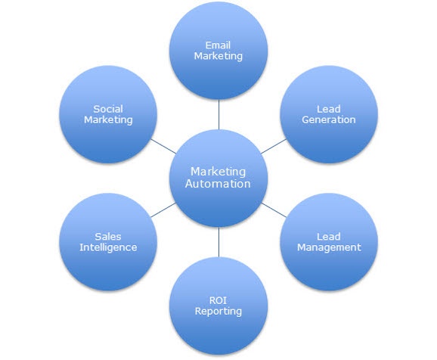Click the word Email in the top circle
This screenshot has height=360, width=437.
pos(218,45)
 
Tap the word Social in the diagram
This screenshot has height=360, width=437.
pos(108,109)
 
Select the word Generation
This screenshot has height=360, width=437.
pos(329,119)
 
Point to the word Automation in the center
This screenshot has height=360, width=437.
pos(218,184)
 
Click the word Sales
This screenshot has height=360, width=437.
pos(108,237)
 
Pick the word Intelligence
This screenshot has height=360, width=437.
pos(108,247)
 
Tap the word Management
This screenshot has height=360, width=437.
pos(329,247)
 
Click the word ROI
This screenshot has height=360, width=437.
pos(218,300)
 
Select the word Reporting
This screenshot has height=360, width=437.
pos(218,312)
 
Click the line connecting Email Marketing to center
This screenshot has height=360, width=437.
pos(218,114)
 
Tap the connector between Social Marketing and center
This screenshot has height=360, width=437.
pos(163,147)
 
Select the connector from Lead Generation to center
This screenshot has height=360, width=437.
pos(274,147)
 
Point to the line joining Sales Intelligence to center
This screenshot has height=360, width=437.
pos(163,209)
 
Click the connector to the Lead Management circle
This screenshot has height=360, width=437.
pos(274,209)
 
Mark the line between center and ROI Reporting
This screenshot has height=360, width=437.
pos(218,242)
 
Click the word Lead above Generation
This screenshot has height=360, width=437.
pos(329,109)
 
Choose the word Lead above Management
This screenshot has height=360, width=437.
pos(329,237)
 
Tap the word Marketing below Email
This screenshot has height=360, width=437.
pos(218,56)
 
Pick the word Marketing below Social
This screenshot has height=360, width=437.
pos(108,120)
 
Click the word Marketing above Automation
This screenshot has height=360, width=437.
pos(218,172)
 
